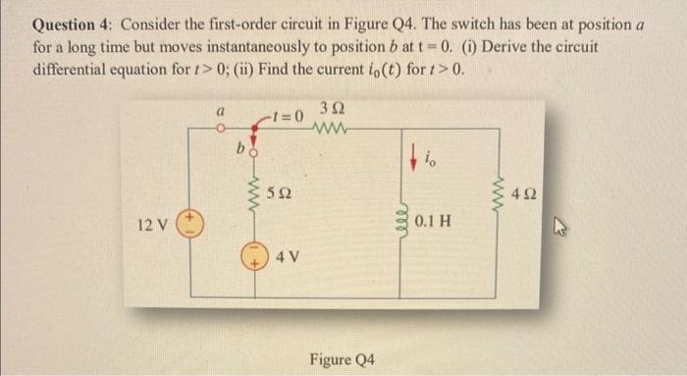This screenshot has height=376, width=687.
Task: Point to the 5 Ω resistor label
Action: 281,194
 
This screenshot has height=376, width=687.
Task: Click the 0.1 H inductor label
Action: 434,221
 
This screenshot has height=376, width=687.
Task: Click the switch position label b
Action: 238,150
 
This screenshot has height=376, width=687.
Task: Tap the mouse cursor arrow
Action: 606,233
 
